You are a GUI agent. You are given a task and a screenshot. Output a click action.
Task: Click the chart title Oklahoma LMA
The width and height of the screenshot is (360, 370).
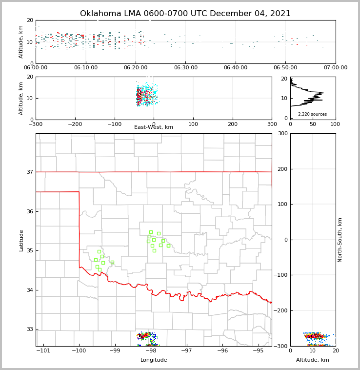coord(185,14)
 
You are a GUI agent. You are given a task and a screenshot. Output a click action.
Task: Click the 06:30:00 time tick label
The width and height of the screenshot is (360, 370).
coord(185,68)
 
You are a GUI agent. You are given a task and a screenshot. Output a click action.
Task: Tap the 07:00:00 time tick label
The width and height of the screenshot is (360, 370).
coord(335,68)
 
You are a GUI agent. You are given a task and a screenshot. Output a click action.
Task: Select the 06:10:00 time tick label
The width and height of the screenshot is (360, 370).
coord(85,68)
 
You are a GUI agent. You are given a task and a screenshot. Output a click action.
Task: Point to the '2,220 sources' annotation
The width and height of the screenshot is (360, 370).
coord(312,114)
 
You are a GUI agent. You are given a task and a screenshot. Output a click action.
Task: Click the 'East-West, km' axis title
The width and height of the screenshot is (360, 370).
coord(154,127)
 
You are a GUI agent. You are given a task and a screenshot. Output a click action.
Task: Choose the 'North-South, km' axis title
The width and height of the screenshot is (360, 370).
coord(340,240)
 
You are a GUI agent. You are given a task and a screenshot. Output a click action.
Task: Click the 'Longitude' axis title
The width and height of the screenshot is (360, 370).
coord(154,360)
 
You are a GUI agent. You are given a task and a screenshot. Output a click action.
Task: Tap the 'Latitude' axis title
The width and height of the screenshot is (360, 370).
coord(21,240)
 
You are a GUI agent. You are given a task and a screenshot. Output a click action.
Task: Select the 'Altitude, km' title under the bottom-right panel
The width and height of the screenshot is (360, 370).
coord(313,360)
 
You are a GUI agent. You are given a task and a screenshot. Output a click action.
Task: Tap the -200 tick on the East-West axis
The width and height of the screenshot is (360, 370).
coord(75,124)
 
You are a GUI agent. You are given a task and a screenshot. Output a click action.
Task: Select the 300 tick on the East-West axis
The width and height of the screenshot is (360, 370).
coord(272,124)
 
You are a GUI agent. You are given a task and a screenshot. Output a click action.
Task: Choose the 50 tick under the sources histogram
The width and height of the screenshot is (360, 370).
coord(313,124)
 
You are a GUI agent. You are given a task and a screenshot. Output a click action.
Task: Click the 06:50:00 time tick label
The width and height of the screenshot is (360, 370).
coord(285,68)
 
